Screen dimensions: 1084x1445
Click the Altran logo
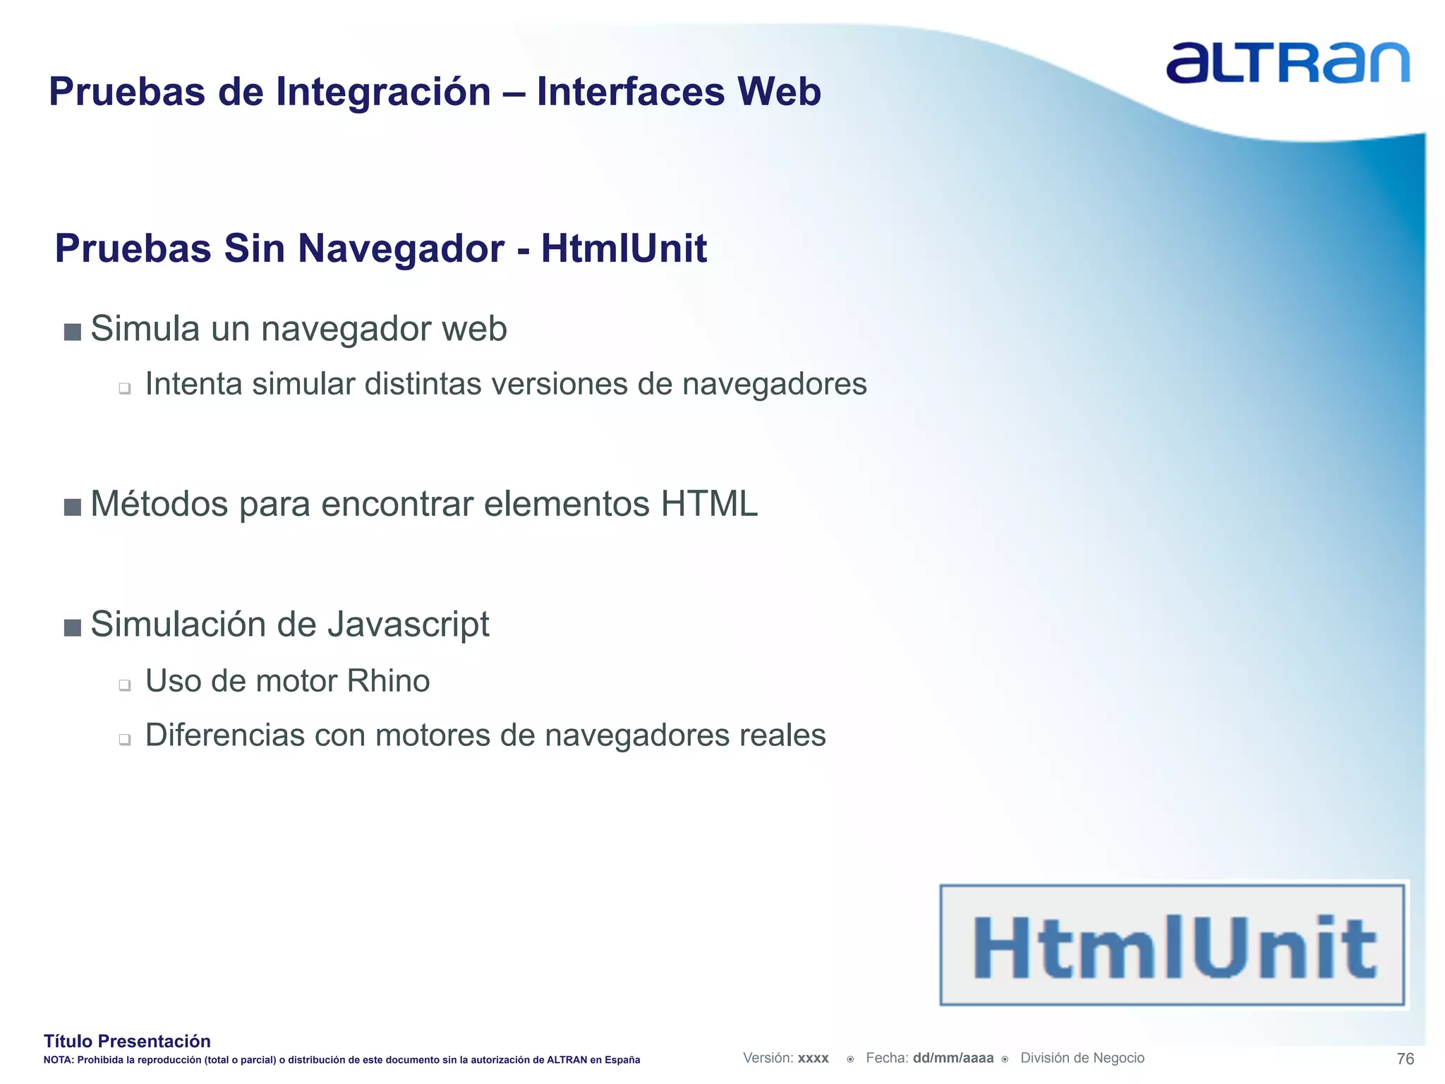[1288, 63]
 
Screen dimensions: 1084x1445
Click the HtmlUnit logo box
[1172, 945]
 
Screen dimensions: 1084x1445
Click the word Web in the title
[779, 92]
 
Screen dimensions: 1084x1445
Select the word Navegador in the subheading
[400, 249]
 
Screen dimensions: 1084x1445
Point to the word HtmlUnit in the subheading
[624, 248]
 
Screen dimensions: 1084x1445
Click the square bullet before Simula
[73, 332]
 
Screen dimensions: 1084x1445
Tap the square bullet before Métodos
[73, 507]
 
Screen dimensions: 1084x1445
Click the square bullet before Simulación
[73, 627]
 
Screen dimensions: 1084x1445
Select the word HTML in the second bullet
[708, 505]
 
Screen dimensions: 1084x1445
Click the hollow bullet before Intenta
[125, 388]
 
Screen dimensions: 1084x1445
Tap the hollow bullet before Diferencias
[125, 740]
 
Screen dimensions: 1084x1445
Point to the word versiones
[558, 385]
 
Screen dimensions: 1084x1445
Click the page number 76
[1405, 1059]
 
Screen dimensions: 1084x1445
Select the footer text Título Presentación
[127, 1041]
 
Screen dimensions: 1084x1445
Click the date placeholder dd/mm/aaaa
[953, 1058]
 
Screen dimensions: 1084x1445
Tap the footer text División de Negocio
[1082, 1058]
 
